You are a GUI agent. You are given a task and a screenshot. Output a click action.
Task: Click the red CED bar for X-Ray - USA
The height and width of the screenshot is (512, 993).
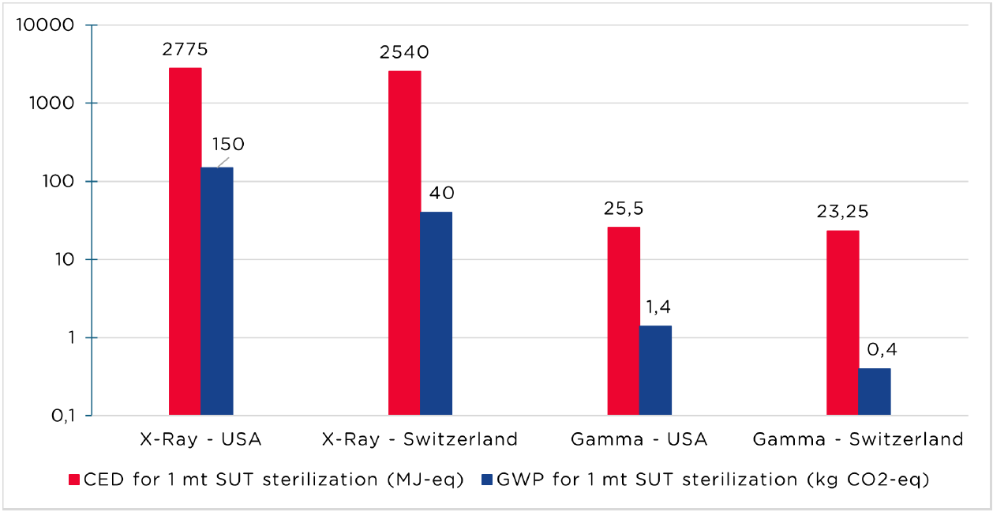(185, 241)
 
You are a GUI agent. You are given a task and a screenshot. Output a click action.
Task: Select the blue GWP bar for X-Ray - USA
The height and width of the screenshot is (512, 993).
(217, 291)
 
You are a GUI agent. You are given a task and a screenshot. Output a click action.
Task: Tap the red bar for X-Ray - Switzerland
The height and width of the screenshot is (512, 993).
(404, 243)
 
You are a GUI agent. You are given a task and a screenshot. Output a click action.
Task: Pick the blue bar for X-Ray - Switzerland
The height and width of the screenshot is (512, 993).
(437, 314)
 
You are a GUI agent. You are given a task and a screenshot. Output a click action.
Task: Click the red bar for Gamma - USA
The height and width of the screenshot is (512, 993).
(624, 322)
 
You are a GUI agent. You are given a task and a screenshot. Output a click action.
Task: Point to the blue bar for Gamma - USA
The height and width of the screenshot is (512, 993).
(655, 371)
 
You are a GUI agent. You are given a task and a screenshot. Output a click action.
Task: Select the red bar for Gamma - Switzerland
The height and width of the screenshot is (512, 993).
(843, 323)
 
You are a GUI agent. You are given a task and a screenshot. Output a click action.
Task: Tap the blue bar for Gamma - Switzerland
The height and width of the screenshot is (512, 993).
(874, 392)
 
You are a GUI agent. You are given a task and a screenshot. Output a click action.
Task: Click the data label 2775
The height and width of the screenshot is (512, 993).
(185, 49)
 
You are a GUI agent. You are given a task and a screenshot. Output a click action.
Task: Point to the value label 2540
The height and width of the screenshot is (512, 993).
(404, 52)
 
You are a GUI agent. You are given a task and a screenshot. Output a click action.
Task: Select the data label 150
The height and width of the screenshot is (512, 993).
(228, 144)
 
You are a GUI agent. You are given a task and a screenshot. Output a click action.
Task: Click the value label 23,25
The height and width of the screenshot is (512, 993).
(843, 212)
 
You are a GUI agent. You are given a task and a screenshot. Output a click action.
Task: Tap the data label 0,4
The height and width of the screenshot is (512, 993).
(882, 349)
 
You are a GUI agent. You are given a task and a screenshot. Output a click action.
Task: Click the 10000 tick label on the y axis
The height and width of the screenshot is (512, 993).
(45, 24)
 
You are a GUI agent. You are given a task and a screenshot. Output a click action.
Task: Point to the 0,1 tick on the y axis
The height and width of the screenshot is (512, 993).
(63, 416)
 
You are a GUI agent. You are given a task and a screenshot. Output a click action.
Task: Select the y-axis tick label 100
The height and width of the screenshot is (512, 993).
(58, 182)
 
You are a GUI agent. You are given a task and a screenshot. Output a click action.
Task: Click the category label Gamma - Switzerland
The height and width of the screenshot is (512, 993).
(858, 439)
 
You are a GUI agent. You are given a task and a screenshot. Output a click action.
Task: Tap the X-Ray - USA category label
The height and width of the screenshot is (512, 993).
(200, 439)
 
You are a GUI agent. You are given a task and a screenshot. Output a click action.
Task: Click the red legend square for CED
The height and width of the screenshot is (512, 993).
(74, 480)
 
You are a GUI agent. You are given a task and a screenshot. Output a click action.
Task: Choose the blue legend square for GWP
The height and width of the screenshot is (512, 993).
(487, 480)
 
